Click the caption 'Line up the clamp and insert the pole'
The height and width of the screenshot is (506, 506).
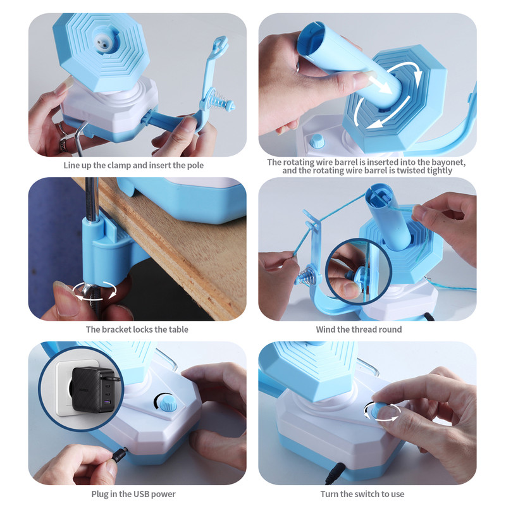133,166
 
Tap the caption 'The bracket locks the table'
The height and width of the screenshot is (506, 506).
137,330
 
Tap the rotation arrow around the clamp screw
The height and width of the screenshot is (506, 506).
96,292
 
